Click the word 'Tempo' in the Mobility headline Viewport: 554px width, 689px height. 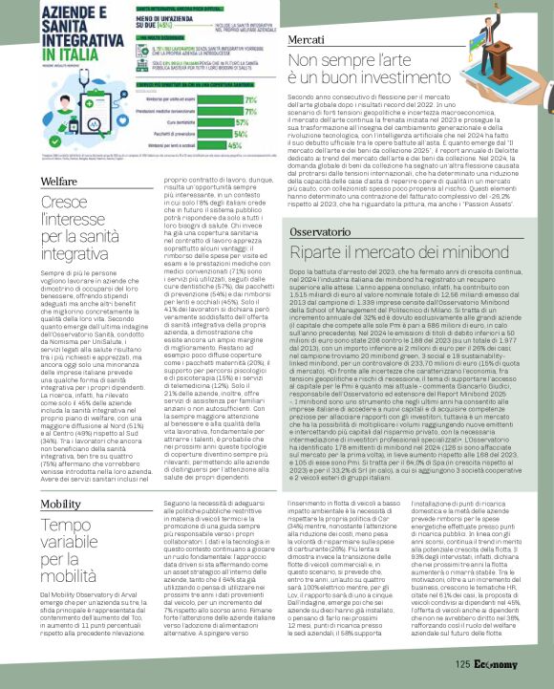[65, 527]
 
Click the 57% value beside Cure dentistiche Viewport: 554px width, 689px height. [245, 122]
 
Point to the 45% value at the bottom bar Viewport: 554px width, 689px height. [245, 146]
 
